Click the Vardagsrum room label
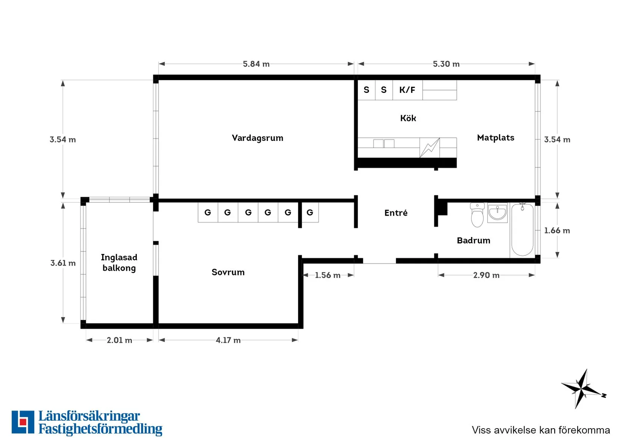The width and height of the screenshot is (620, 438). [257, 138]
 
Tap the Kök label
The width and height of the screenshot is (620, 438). [408, 118]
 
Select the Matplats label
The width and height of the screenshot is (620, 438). [496, 137]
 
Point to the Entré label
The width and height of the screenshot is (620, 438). [396, 213]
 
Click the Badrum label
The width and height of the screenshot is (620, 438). [473, 240]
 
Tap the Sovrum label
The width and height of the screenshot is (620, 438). [228, 272]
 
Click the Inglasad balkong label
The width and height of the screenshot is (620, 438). [119, 263]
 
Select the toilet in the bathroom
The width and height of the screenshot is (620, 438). [477, 215]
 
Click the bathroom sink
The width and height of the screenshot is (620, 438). [498, 213]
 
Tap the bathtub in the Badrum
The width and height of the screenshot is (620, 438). [522, 230]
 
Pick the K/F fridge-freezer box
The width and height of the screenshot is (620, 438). [407, 90]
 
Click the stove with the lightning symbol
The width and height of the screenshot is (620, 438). [429, 148]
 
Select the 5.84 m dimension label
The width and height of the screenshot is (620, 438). [256, 64]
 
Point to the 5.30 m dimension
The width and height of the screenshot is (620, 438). [446, 64]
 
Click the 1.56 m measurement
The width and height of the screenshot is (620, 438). [328, 275]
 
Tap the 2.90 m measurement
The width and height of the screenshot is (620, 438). [486, 275]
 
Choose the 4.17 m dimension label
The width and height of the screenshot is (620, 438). [228, 340]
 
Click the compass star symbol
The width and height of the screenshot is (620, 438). [583, 389]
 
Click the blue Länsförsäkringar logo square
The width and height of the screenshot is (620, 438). [23, 422]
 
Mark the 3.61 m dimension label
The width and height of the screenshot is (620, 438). [63, 263]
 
